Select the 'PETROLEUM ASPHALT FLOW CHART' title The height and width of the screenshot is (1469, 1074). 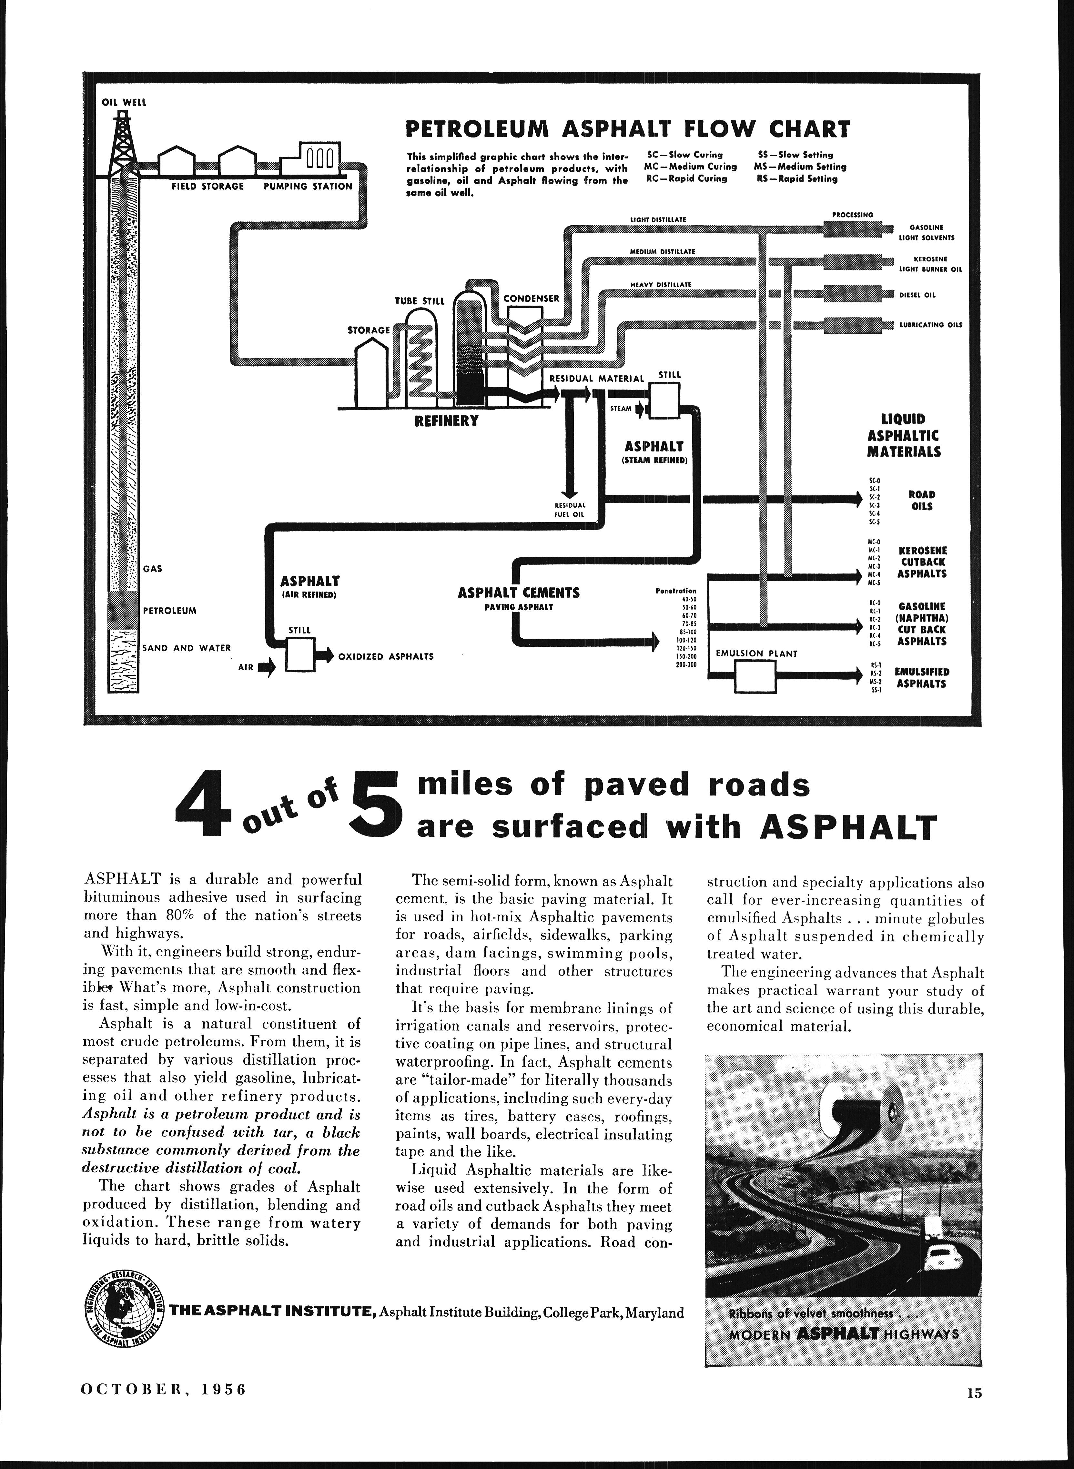tap(627, 129)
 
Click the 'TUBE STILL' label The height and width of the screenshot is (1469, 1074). tap(419, 301)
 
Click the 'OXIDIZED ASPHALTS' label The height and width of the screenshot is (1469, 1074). tap(386, 656)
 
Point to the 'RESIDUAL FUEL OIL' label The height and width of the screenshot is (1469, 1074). tap(570, 509)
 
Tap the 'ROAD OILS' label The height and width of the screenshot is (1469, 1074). tap(921, 501)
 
